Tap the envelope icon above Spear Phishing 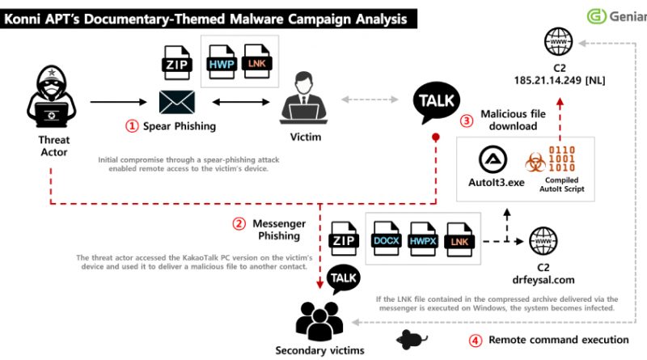(x=176, y=102)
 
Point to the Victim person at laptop (x=302, y=100)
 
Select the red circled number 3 (x=467, y=120)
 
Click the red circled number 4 (x=476, y=340)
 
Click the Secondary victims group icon (x=322, y=320)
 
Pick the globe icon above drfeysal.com (x=541, y=241)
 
